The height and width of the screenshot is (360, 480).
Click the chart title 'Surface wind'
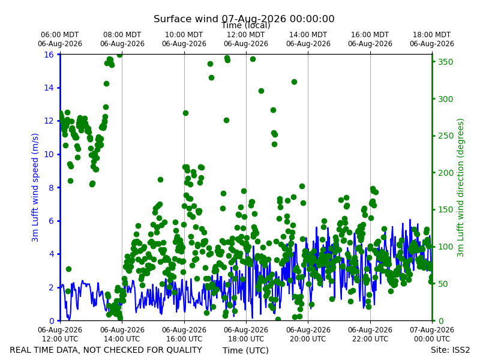pyautogui.click(x=186, y=19)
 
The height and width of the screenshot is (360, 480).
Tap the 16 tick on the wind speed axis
pyautogui.click(x=49, y=55)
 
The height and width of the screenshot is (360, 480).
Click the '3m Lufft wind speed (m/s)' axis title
pyautogui.click(x=35, y=187)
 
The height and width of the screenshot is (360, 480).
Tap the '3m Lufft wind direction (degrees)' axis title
pyautogui.click(x=460, y=188)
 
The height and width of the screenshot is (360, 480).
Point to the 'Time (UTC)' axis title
pyautogui.click(x=245, y=350)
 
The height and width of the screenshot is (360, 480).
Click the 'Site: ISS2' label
pyautogui.click(x=450, y=350)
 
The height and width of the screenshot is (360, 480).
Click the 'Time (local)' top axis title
pyautogui.click(x=246, y=25)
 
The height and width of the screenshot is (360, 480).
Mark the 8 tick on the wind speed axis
pyautogui.click(x=51, y=188)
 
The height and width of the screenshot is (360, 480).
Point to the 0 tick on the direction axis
pyautogui.click(x=440, y=321)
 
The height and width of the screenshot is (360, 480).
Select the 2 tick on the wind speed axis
pyautogui.click(x=51, y=287)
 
